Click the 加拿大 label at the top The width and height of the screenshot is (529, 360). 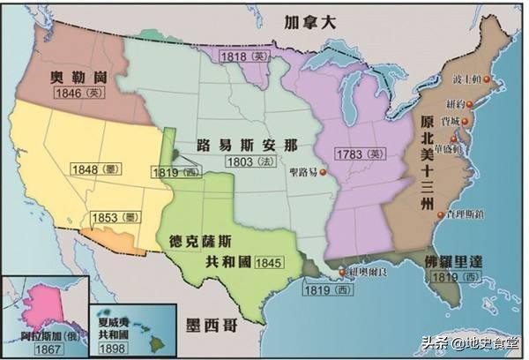click(304, 23)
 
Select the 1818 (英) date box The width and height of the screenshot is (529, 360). click(244, 55)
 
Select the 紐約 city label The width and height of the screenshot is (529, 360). click(461, 102)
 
